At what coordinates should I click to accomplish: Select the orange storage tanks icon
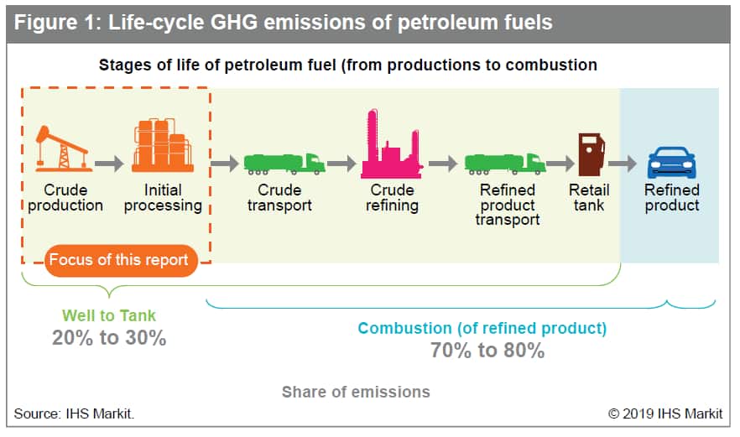coord(163,145)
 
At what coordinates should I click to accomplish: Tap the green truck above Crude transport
coord(284,164)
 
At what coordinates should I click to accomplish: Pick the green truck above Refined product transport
coord(505,164)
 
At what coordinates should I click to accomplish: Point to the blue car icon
coord(671,163)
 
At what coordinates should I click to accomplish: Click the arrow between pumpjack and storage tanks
coord(109,164)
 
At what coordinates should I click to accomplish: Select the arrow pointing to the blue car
coord(623,164)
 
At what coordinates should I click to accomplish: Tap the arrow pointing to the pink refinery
coord(341,164)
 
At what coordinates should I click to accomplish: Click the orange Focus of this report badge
coord(121,260)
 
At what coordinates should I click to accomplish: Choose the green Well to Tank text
coord(109,315)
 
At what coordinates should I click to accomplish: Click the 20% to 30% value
coord(109,338)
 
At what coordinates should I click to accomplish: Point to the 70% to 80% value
coord(487,351)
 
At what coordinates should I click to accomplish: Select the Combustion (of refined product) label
coord(482,328)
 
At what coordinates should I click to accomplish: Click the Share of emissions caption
coord(356,392)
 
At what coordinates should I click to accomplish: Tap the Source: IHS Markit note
coord(74,414)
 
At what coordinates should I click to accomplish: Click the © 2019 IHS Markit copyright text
coord(665,414)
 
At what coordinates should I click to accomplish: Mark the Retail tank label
coord(589,197)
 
